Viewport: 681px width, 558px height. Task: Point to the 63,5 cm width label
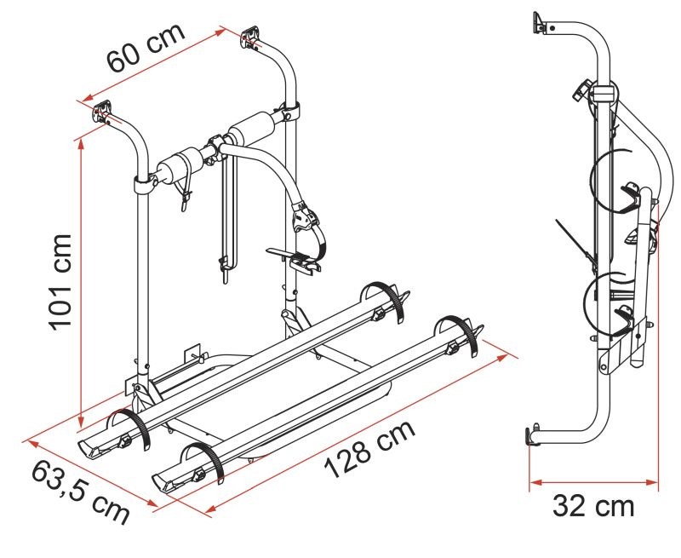[80, 490]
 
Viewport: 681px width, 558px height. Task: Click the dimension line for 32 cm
[593, 482]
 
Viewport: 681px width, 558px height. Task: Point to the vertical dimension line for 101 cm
[81, 281]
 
